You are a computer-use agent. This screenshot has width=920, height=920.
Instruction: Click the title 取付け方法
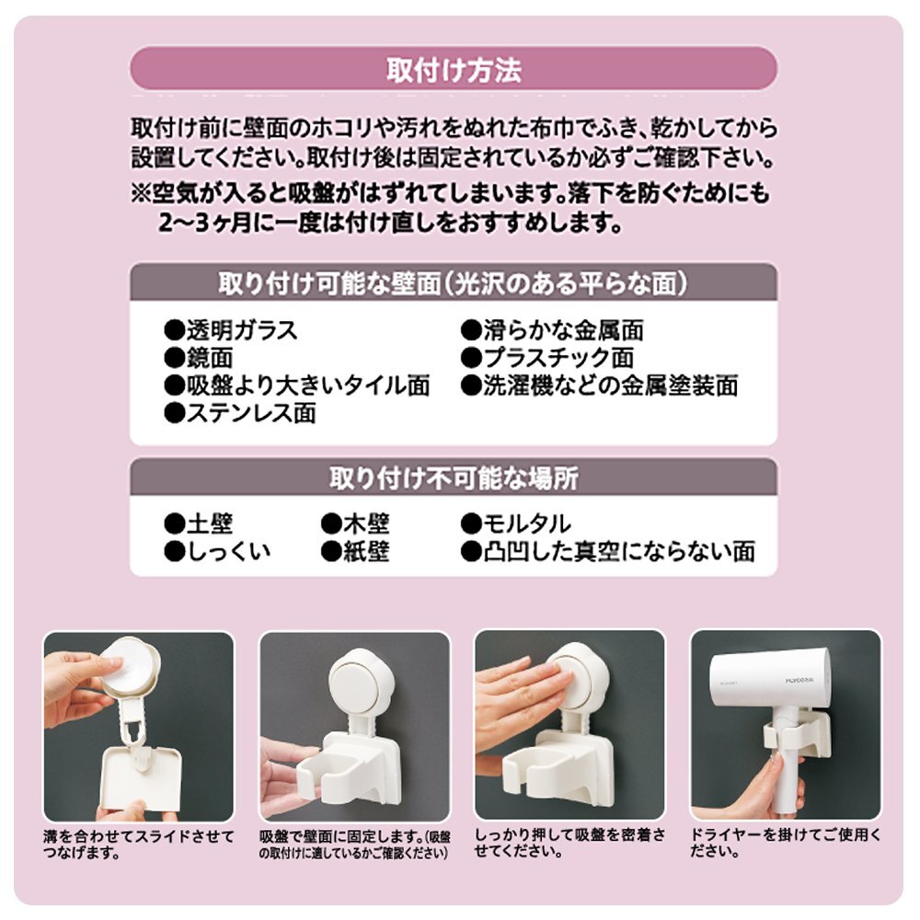[x=454, y=69]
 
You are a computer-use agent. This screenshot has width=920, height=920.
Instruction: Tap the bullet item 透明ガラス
[x=231, y=330]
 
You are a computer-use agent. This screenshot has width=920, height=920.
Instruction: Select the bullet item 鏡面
[x=200, y=358]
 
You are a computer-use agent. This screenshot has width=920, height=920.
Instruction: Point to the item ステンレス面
[x=240, y=413]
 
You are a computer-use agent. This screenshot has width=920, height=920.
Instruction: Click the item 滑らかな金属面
[x=552, y=330]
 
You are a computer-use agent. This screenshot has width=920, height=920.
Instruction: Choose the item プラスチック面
[x=547, y=358]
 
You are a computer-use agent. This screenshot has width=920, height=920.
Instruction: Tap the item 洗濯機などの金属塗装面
[x=600, y=385]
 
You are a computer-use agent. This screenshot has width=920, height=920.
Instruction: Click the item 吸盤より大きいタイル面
[x=297, y=385]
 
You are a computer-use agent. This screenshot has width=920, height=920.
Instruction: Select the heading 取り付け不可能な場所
[x=454, y=478]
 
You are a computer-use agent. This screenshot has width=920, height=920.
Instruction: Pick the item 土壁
[x=199, y=523]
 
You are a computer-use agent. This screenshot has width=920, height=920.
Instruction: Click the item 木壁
[x=355, y=523]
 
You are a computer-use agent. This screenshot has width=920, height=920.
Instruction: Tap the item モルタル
[x=516, y=523]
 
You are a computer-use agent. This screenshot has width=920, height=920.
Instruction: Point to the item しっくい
[x=218, y=551]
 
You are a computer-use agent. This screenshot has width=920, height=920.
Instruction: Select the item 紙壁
[x=355, y=551]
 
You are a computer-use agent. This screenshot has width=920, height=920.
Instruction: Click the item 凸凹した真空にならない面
[x=608, y=551]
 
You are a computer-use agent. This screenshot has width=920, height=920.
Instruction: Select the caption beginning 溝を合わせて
[x=139, y=844]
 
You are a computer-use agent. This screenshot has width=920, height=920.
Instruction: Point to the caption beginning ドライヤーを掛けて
[x=786, y=843]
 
